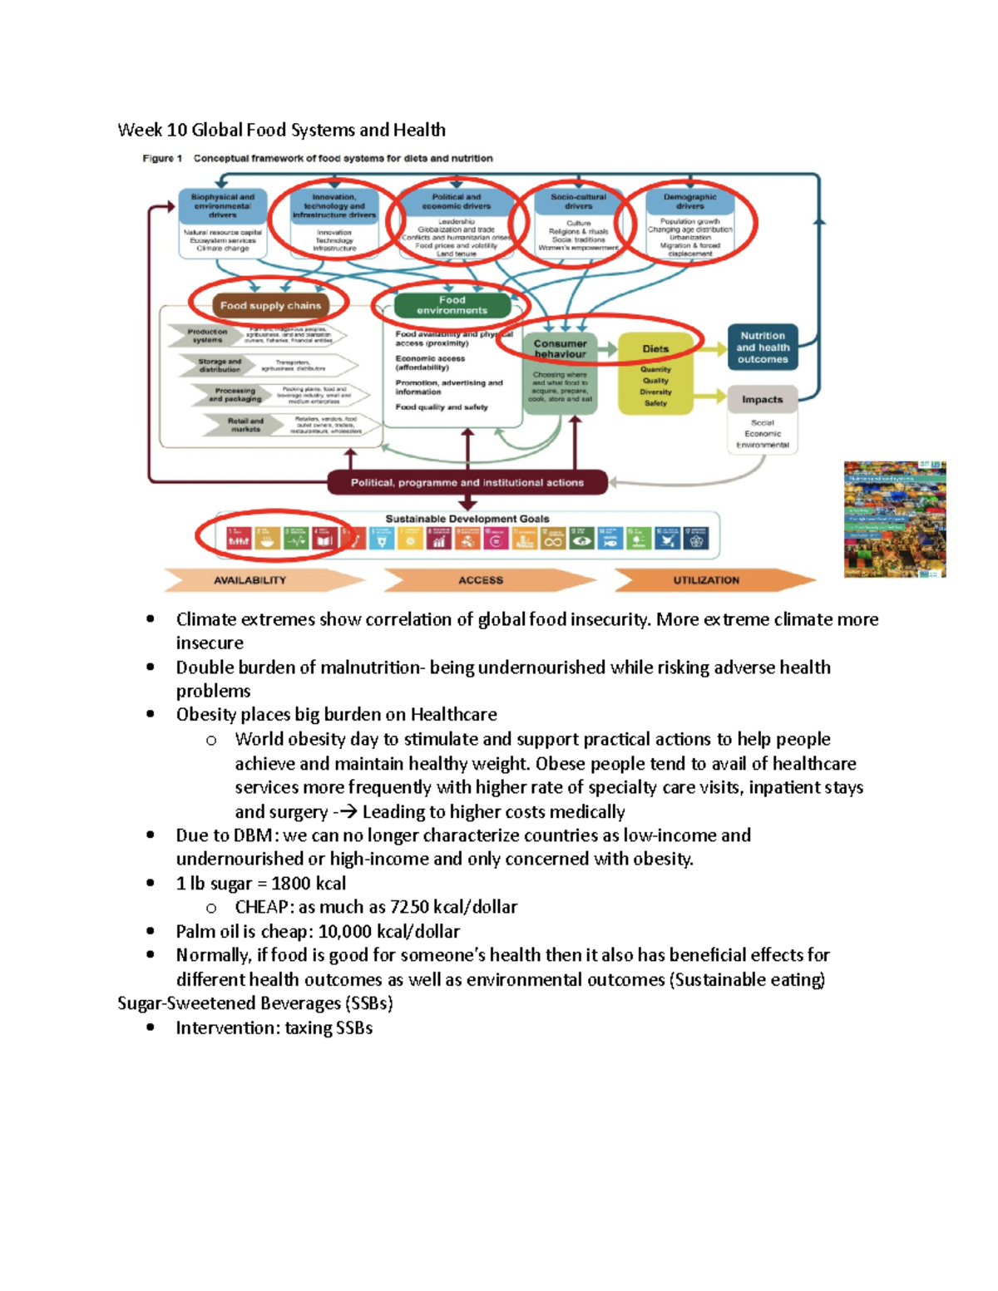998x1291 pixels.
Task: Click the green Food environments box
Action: pos(452,305)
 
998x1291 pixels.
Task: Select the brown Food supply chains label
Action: pos(270,305)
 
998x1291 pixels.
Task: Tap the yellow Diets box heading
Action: pos(655,349)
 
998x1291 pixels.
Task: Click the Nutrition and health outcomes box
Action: pos(763,347)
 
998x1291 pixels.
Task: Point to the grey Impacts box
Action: pos(763,399)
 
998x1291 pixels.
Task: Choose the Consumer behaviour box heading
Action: pos(560,348)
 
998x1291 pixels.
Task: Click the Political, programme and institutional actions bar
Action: pos(467,482)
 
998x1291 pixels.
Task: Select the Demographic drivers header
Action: pos(689,201)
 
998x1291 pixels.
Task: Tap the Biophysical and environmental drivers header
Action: pos(223,205)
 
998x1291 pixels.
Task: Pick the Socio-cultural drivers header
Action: pos(578,201)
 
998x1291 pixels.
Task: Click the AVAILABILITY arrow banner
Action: pos(250,580)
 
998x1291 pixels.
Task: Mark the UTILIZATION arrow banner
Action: pos(706,580)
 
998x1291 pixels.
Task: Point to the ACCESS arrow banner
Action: pos(481,580)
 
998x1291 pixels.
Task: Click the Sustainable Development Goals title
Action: pos(467,519)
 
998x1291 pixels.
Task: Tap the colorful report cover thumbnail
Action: pos(895,520)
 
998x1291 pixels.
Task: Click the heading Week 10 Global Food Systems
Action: pos(281,130)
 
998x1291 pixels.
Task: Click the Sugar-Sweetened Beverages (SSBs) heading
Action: pos(255,1003)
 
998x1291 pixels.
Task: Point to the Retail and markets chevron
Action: pos(245,426)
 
